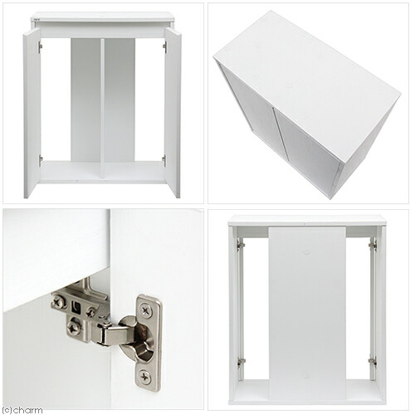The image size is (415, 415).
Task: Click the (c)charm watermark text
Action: click(x=22, y=410)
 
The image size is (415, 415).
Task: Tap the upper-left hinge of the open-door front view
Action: click(x=41, y=46)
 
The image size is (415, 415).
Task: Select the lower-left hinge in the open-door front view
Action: click(x=41, y=160)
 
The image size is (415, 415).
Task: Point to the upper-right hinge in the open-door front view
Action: click(x=165, y=46)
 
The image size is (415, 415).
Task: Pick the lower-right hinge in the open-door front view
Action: click(x=164, y=160)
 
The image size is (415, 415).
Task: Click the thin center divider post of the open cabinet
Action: click(x=102, y=108)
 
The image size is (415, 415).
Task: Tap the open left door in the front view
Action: click(x=32, y=114)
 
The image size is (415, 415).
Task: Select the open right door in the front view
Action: click(x=173, y=114)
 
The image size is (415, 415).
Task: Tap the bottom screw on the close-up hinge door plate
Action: click(x=145, y=377)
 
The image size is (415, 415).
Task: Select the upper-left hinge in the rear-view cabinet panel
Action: click(x=241, y=245)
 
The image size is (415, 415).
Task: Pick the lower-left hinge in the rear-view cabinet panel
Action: click(x=242, y=362)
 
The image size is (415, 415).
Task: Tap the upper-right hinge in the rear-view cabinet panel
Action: click(x=373, y=245)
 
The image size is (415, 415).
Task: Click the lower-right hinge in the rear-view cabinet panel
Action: click(x=373, y=362)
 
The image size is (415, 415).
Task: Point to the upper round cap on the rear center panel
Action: click(x=305, y=252)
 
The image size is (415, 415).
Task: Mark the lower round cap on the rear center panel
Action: click(x=305, y=375)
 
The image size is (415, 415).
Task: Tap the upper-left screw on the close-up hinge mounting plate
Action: click(x=58, y=299)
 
